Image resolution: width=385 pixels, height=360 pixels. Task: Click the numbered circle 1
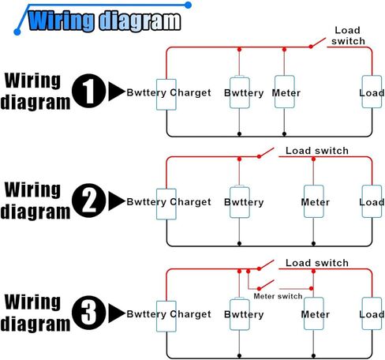pos(89,91)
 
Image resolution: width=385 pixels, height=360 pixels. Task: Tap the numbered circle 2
pos(89,201)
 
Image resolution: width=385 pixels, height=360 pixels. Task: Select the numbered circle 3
pos(89,313)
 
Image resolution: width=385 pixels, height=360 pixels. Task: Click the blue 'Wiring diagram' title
pos(104,21)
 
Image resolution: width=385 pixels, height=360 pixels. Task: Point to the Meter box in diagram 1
pos(284,92)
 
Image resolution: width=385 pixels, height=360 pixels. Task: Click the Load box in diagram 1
pos(372,92)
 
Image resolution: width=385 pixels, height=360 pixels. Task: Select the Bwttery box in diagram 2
pos(239,202)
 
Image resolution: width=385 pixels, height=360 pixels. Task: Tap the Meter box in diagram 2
pos(313,201)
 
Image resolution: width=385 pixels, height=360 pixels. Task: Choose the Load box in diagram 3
pos(372,313)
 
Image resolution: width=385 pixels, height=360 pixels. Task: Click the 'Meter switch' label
pos(278,296)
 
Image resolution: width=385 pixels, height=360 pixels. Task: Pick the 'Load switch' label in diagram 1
pos(348,36)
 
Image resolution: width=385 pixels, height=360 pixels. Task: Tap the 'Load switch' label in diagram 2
pos(317,151)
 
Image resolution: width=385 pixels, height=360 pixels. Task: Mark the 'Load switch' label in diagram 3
pos(317,263)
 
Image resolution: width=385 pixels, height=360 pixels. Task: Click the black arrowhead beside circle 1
pos(117,92)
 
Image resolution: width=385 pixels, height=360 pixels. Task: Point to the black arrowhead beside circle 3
pos(117,313)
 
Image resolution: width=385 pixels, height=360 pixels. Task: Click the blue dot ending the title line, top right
pos(188,5)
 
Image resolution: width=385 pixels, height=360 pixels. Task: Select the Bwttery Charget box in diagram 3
pos(166,316)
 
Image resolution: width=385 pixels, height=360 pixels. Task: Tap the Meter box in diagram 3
pos(313,313)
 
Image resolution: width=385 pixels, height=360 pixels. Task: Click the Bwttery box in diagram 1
pos(239,92)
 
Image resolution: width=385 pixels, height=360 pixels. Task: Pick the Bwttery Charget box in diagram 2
pos(166,204)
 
